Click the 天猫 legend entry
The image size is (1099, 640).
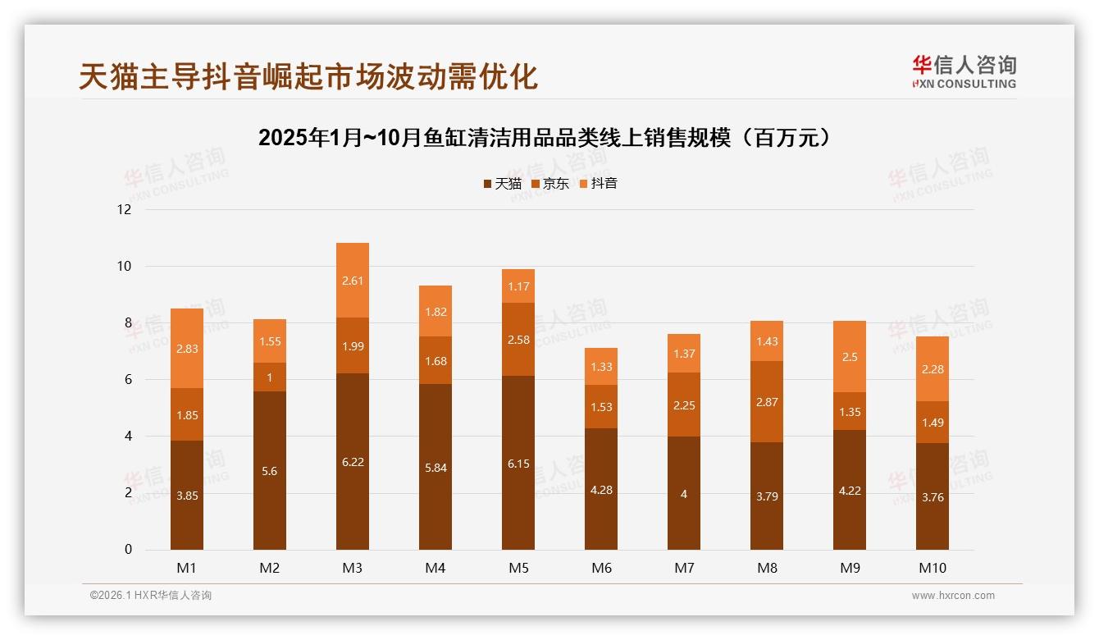(x=502, y=184)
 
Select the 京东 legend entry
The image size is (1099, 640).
(x=549, y=184)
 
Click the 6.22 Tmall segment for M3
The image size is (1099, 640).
(x=353, y=461)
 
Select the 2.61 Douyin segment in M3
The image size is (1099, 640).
(x=353, y=281)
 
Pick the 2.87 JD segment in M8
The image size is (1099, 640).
(x=767, y=402)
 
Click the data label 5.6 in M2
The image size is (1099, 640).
(x=270, y=471)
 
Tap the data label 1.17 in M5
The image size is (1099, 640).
(x=518, y=286)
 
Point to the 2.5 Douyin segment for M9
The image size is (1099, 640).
(x=850, y=357)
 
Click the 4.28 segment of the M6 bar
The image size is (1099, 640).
(x=601, y=489)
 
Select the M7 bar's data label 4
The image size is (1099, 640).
(x=684, y=494)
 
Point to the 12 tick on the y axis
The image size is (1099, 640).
(x=124, y=209)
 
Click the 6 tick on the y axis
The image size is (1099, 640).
(x=127, y=380)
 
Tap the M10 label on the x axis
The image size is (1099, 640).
(x=933, y=568)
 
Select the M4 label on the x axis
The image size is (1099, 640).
(x=435, y=568)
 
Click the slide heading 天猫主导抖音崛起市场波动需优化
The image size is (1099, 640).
(x=308, y=76)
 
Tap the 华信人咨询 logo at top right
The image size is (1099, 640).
(x=964, y=71)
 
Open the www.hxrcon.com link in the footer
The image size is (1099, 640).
(x=953, y=596)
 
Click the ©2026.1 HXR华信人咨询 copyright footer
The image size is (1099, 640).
(x=151, y=596)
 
